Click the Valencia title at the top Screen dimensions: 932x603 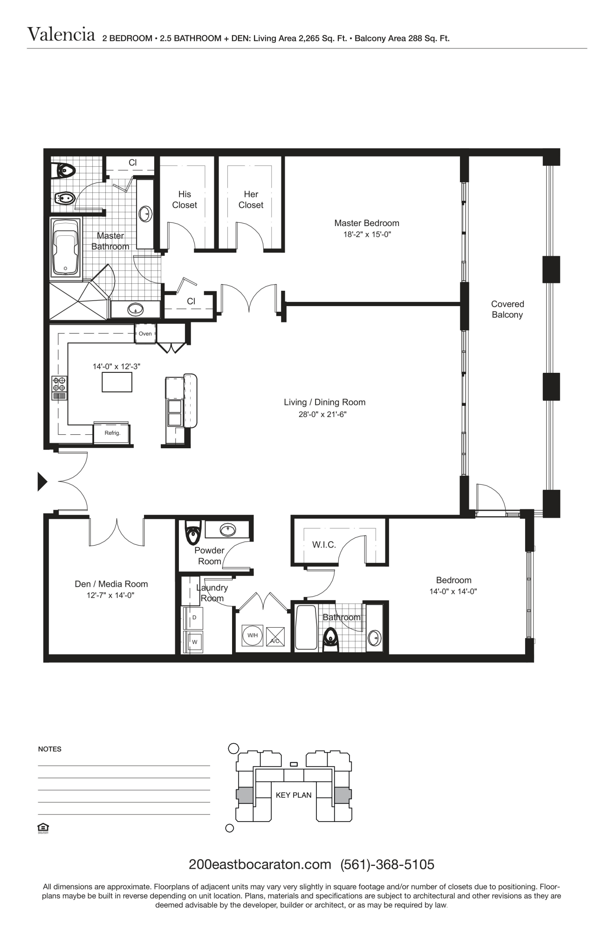click(x=61, y=34)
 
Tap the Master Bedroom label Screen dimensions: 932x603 click(x=367, y=223)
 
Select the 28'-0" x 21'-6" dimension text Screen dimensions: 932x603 click(x=322, y=414)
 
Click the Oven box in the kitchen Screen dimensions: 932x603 click(x=145, y=334)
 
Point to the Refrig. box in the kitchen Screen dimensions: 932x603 click(x=112, y=433)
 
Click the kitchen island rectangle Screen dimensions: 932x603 click(x=117, y=383)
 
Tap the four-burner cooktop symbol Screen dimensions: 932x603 click(x=60, y=384)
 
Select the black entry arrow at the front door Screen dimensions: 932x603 click(x=42, y=481)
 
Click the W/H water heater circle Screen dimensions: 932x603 click(x=253, y=635)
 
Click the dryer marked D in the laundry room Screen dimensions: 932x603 click(x=194, y=617)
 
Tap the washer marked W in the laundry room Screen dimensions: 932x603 click(x=194, y=642)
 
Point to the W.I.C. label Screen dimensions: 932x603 click(x=324, y=545)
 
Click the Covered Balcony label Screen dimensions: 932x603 click(x=507, y=309)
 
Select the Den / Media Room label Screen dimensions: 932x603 click(x=111, y=584)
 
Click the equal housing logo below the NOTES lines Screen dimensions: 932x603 click(x=43, y=828)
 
